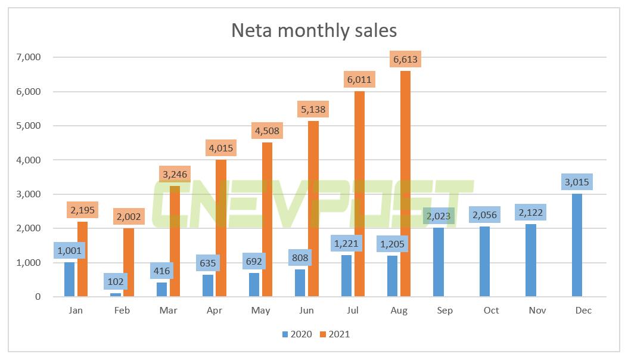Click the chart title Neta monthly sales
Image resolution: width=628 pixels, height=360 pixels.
click(314, 30)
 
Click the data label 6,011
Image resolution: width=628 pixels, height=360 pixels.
click(359, 80)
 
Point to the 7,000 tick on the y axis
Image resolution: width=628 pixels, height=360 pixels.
click(29, 57)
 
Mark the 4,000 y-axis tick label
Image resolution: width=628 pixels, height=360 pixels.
click(29, 160)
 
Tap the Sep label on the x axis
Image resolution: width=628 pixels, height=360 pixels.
click(444, 311)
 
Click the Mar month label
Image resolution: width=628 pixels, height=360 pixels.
click(169, 311)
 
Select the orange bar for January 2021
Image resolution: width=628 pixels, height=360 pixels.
click(82, 259)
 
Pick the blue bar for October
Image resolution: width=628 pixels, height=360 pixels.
click(485, 262)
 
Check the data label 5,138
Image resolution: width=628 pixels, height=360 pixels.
click(313, 110)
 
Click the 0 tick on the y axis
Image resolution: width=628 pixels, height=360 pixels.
click(37, 297)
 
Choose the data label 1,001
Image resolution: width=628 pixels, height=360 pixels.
click(70, 250)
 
